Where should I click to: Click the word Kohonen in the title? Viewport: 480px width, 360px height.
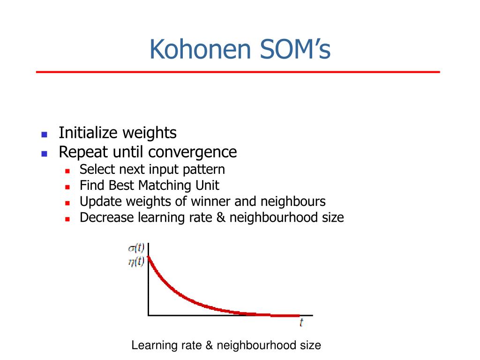pos(200,49)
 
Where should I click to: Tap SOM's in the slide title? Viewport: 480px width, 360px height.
pos(295,49)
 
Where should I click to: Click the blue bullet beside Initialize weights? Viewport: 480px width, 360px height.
pos(45,135)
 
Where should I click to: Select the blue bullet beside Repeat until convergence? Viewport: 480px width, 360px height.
pos(45,154)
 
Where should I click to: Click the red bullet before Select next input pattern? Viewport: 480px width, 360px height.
pos(67,171)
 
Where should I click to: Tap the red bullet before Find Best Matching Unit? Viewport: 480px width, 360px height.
pos(67,187)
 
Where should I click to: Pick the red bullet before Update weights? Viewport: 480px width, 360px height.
pos(67,203)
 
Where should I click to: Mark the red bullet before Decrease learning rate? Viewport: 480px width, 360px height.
pos(67,219)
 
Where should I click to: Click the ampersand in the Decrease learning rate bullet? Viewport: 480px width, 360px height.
pos(221,217)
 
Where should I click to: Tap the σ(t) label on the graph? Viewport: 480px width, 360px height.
pos(136,247)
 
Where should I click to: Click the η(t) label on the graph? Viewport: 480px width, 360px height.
pos(136,262)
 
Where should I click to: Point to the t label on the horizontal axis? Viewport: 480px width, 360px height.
pos(301,322)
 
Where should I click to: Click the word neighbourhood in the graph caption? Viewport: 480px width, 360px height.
pos(256,345)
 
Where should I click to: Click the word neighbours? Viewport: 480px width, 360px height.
pos(293,202)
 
